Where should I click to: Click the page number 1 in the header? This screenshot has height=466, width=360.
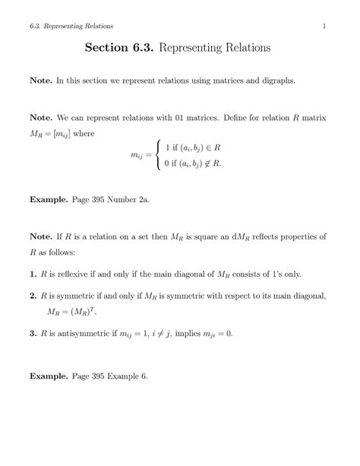click(x=324, y=28)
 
